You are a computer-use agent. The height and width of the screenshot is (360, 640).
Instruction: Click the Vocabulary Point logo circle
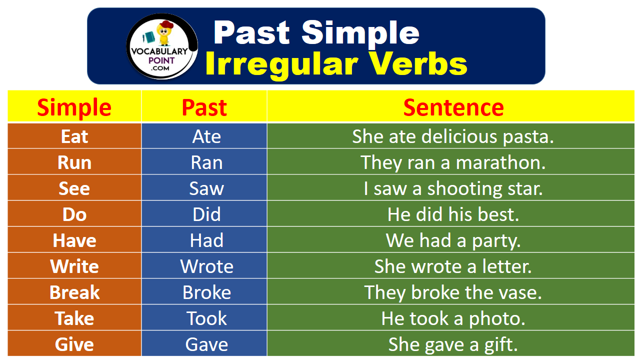click(x=161, y=46)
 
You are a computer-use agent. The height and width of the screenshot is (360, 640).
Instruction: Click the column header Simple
click(x=74, y=107)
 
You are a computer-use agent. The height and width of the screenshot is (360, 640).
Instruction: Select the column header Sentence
click(x=453, y=107)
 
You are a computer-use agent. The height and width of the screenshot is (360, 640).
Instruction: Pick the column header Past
click(x=204, y=107)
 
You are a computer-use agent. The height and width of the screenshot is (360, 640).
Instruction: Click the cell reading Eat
click(x=74, y=136)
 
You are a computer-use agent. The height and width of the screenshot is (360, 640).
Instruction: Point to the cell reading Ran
click(x=206, y=162)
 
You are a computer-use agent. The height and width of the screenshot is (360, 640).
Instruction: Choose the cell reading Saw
click(x=206, y=188)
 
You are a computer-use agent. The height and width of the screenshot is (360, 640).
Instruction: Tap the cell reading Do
click(x=74, y=214)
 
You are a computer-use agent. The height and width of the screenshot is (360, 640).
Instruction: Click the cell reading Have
click(x=74, y=240)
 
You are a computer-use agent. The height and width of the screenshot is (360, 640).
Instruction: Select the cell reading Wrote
click(x=206, y=266)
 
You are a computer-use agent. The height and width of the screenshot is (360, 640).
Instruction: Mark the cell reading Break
click(x=74, y=292)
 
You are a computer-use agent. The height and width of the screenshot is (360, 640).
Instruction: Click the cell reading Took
click(x=206, y=318)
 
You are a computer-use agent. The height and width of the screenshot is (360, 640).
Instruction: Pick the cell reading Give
click(x=74, y=344)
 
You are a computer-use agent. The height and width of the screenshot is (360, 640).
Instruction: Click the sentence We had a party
click(x=453, y=240)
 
